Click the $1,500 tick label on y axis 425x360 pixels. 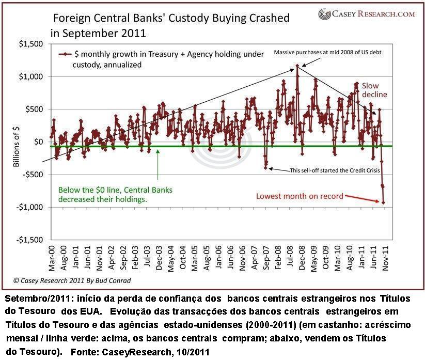pos(32,44)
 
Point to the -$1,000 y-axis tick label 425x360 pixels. pos(30,208)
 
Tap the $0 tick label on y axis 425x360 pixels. pos(39,142)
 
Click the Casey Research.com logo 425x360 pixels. pos(367,14)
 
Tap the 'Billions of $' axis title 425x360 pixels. pos(16,142)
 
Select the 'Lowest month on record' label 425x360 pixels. pos(300,196)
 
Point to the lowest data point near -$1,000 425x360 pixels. pos(383,202)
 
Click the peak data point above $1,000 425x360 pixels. pos(297,66)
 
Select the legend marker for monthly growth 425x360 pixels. pos(65,54)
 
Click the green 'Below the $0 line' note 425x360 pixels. pos(115,194)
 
